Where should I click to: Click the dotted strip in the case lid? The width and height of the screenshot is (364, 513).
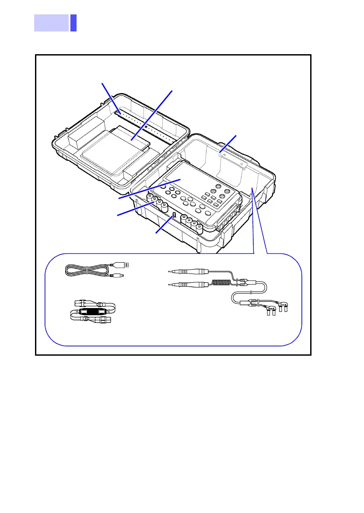pyautogui.click(x=144, y=123)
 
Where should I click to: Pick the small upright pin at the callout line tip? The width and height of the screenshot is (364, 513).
pyautogui.click(x=174, y=215)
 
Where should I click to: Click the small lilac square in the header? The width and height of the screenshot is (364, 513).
pyautogui.click(x=73, y=23)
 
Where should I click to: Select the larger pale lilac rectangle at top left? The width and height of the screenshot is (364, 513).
pyautogui.click(x=51, y=23)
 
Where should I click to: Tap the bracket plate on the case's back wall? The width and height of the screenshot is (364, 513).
pyautogui.click(x=227, y=157)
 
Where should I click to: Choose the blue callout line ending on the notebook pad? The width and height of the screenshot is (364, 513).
pyautogui.click(x=153, y=114)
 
